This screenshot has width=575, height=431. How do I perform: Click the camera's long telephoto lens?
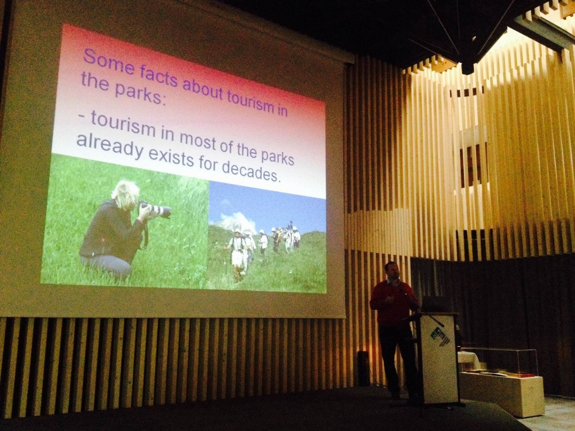[x=157, y=209]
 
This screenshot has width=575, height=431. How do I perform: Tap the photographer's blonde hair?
[x=126, y=194]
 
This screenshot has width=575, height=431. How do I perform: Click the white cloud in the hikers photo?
[x=236, y=222]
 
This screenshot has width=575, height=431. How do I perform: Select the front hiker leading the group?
[x=237, y=254]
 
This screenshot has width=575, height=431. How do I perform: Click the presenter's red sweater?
[x=393, y=302]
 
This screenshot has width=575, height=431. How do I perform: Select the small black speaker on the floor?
[x=363, y=368]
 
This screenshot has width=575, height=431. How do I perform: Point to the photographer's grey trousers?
[x=106, y=265]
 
